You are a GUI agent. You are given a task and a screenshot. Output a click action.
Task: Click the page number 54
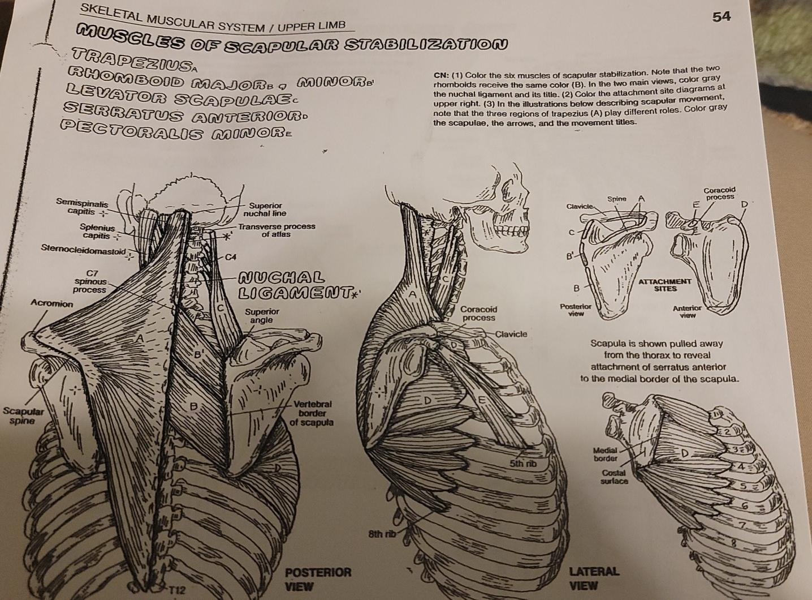(x=722, y=17)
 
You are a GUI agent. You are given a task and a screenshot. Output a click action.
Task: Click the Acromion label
(x=51, y=304)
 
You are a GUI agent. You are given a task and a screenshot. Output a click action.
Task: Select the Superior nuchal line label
(x=265, y=209)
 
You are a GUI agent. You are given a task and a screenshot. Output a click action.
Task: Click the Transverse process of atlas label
(x=276, y=230)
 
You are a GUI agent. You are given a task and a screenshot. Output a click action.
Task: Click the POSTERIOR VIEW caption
(x=317, y=578)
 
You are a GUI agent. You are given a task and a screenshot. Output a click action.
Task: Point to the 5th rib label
(x=521, y=464)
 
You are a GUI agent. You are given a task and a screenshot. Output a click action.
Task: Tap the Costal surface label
(x=614, y=477)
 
